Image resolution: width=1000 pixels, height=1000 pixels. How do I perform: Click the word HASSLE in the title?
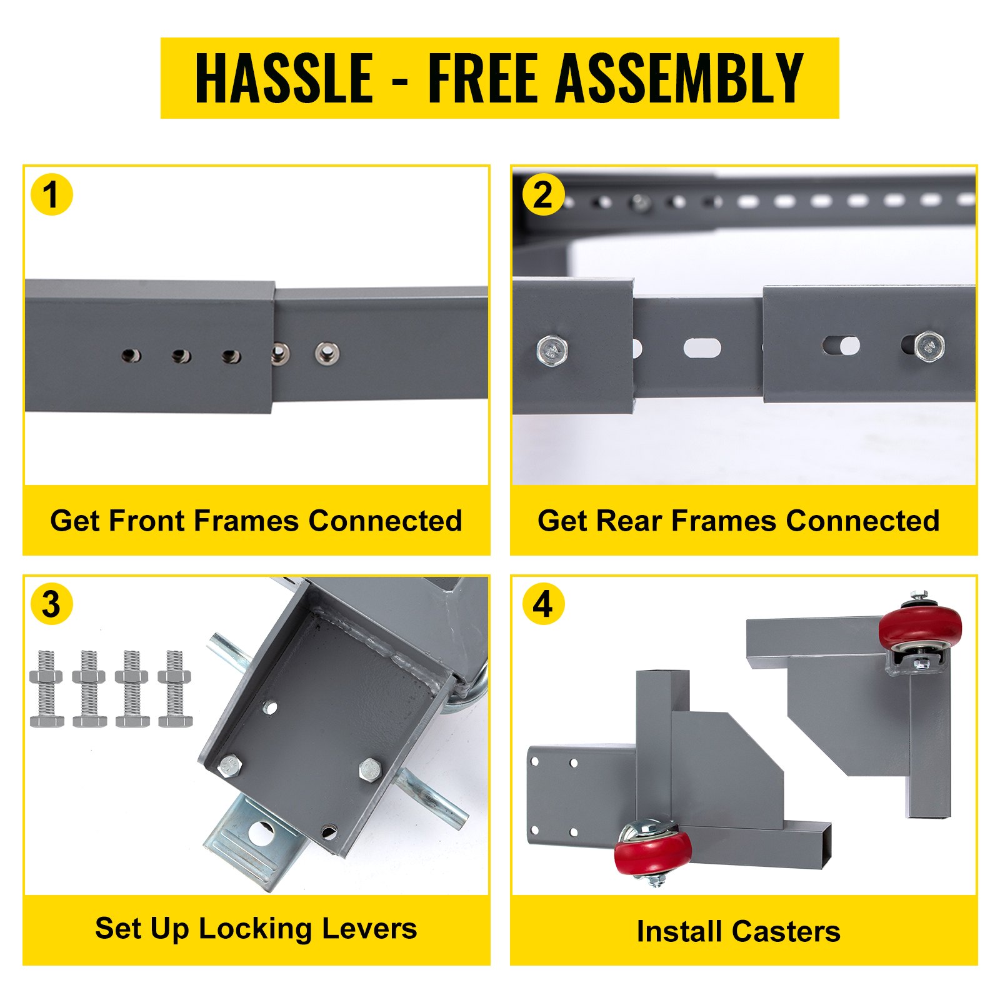pyautogui.click(x=284, y=78)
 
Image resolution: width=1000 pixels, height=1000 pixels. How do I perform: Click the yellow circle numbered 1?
pyautogui.click(x=52, y=194)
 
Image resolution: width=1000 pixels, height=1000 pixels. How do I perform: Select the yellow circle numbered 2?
pyautogui.click(x=543, y=194)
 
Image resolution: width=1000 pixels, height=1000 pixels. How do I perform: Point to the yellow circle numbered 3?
pyautogui.click(x=52, y=604)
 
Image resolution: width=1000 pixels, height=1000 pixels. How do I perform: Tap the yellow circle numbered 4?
pyautogui.click(x=543, y=604)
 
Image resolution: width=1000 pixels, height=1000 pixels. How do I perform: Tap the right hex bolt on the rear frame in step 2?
pyautogui.click(x=929, y=346)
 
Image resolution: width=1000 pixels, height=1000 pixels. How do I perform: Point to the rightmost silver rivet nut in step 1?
pyautogui.click(x=326, y=353)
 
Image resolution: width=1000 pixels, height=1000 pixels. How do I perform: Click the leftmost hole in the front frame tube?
pyautogui.click(x=131, y=356)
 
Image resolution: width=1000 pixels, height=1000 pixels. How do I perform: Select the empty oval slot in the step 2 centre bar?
pyautogui.click(x=702, y=348)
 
